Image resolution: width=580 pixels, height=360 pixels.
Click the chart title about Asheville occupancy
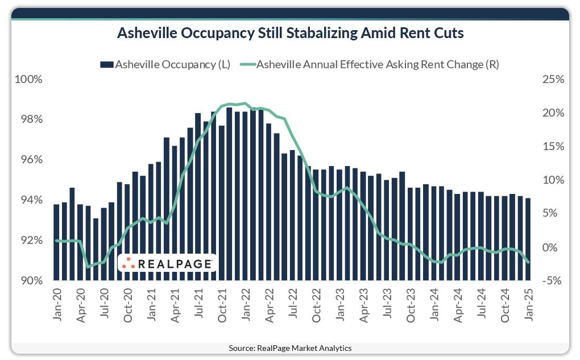(x=290, y=34)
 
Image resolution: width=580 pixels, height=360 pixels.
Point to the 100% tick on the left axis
(x=28, y=79)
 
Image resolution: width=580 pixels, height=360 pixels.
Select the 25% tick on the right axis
(x=552, y=79)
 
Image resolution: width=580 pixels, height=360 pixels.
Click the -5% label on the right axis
(x=552, y=280)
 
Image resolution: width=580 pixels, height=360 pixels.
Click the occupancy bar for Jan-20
(x=56, y=242)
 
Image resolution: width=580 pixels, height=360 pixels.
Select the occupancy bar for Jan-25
(x=528, y=239)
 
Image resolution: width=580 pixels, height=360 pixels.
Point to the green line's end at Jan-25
(x=528, y=262)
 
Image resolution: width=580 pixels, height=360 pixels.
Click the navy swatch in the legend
(x=107, y=64)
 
